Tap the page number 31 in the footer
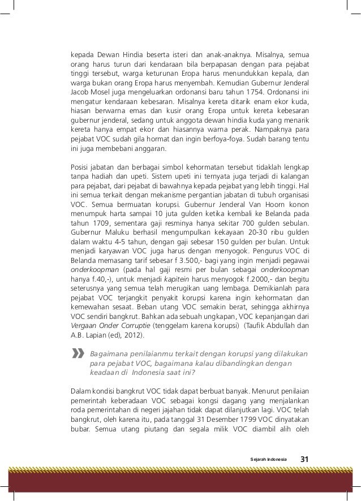pyautogui.click(x=304, y=457)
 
